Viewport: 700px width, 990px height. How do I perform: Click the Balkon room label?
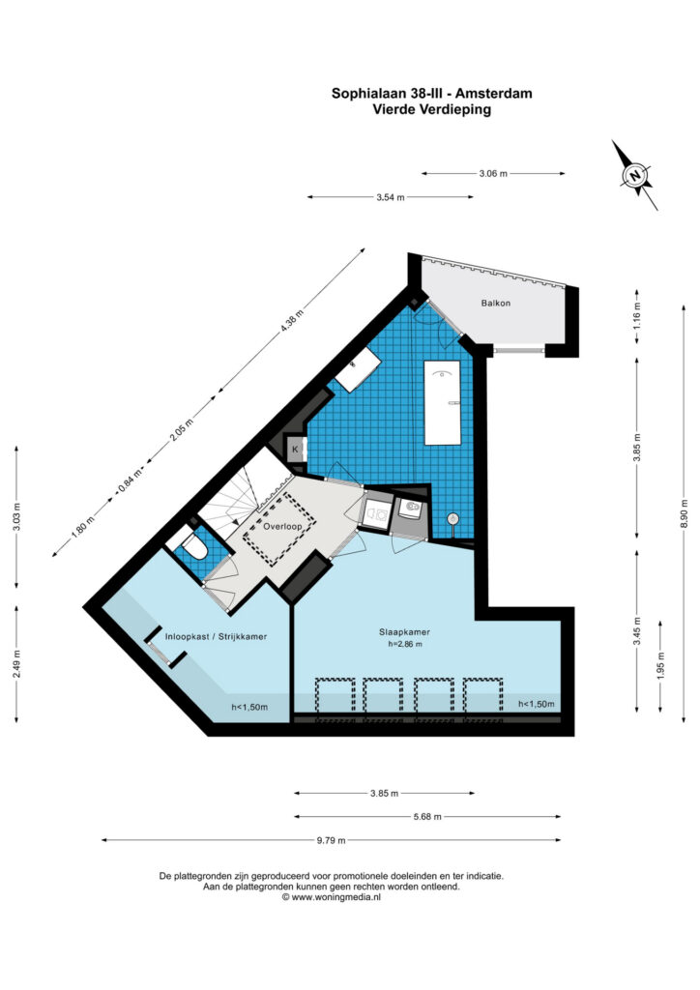point(495,303)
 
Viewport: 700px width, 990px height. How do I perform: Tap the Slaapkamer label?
point(404,631)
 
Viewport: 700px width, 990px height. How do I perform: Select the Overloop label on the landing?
point(281,526)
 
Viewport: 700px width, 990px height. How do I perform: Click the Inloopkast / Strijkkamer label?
point(216,636)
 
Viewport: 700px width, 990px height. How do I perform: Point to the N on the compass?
point(635,175)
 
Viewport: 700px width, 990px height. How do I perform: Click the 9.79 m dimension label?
point(332,840)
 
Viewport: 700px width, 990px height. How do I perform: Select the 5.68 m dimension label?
point(427,816)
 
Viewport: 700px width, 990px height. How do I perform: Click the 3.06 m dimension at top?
point(494,174)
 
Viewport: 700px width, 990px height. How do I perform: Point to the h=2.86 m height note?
point(404,644)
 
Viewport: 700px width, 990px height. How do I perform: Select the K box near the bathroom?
point(296,450)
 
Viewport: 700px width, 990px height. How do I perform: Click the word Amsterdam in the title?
point(494,94)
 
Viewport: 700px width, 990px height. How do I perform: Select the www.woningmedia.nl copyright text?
point(331,896)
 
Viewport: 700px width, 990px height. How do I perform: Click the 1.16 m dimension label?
point(636,318)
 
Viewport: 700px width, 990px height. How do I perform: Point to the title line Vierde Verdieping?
point(432,109)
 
